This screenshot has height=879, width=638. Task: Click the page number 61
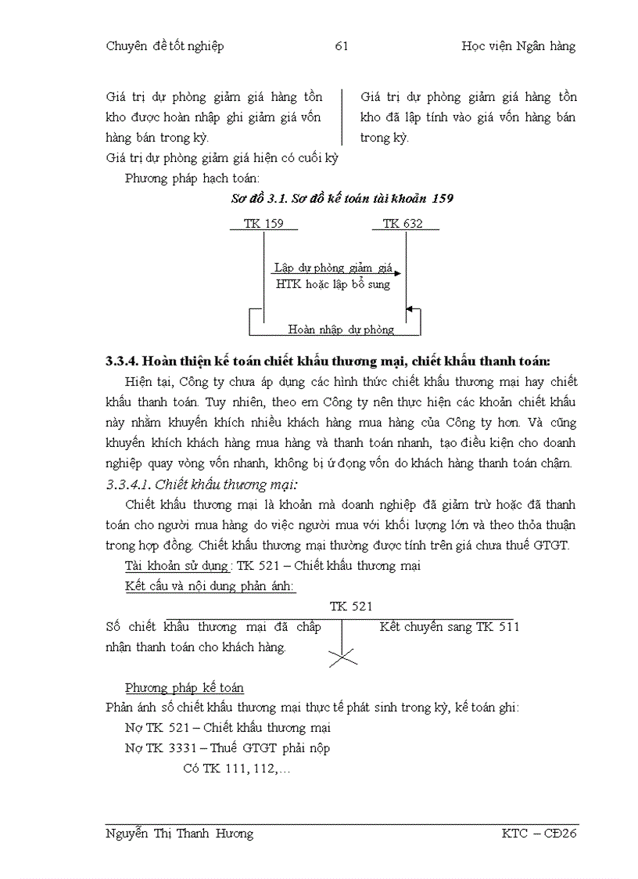click(x=341, y=46)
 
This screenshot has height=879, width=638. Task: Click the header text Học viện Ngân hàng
click(x=518, y=46)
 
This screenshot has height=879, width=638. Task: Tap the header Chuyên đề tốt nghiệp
click(x=164, y=46)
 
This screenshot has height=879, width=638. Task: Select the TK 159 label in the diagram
click(x=263, y=224)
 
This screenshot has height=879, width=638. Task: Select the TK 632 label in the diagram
click(x=403, y=224)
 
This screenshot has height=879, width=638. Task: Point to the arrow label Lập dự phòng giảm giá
click(x=333, y=268)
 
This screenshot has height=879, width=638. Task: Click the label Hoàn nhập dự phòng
click(x=341, y=330)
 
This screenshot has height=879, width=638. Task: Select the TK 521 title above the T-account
click(x=350, y=607)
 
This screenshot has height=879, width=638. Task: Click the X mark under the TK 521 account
click(x=342, y=657)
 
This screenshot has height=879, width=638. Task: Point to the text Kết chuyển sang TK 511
click(x=449, y=627)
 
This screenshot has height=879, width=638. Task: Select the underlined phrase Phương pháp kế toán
click(x=184, y=688)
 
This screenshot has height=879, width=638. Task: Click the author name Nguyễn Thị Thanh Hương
click(x=179, y=834)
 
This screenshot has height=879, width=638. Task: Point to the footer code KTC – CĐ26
click(x=539, y=834)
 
